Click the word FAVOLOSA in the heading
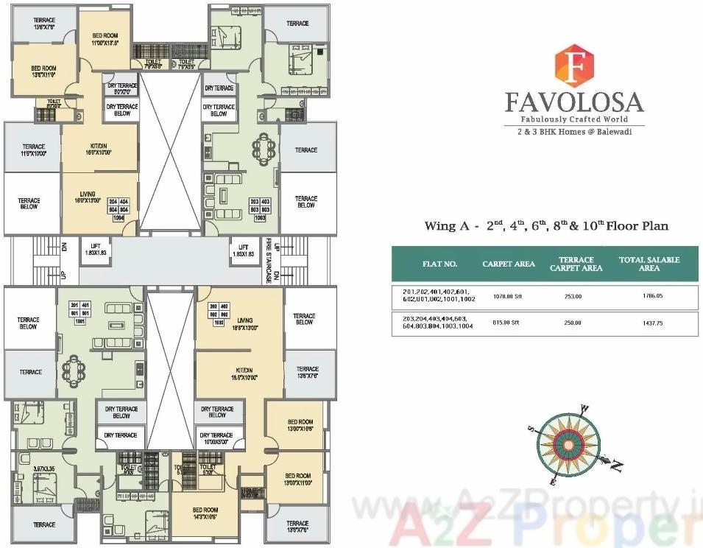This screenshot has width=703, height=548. pos(574,102)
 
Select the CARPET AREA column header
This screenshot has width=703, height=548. pos(508,264)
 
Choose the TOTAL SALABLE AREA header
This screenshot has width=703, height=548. pos(649,264)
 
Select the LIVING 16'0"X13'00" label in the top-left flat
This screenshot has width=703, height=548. pos(88,197)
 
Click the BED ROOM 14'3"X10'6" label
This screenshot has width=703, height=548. pos(205,513)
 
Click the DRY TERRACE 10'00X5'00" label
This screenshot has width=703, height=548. pos(217,439)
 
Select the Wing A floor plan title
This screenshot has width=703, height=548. pos(546,226)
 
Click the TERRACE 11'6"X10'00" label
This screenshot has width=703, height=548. pos(33,150)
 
